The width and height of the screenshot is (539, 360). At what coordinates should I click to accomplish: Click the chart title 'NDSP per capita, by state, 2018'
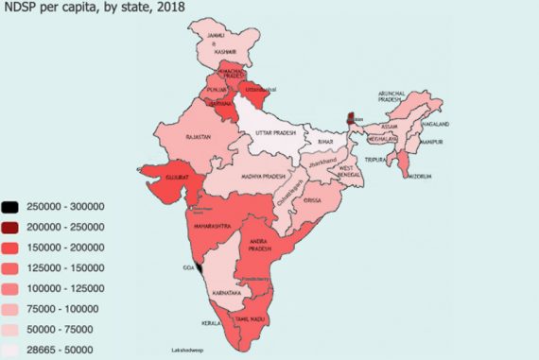[x=94, y=9]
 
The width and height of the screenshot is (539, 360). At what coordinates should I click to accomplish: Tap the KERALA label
[x=213, y=323]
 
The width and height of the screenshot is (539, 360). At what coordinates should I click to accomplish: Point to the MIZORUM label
[x=421, y=177]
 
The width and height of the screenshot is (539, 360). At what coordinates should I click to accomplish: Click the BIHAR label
[x=326, y=141]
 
